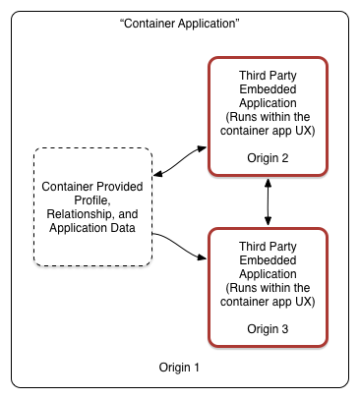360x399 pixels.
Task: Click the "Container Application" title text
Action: [x=180, y=24]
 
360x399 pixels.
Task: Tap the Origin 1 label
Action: [x=179, y=368]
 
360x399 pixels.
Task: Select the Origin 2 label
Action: [x=268, y=158]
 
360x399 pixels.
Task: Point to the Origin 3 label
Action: [x=268, y=329]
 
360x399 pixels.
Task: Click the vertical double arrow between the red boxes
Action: [x=268, y=201]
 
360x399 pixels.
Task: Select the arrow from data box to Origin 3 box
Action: [x=179, y=247]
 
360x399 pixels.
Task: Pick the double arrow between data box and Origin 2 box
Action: [x=180, y=161]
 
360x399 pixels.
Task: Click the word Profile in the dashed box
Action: [x=92, y=200]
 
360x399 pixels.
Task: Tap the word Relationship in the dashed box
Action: [x=80, y=214]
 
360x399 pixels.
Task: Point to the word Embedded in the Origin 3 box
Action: [x=268, y=260]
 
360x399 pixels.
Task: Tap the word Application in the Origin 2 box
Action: [x=268, y=103]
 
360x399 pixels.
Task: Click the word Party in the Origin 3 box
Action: [x=282, y=247]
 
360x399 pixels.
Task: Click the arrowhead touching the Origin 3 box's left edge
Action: [x=202, y=257]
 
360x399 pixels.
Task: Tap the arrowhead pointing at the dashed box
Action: [x=158, y=174]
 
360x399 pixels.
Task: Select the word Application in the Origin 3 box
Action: [x=268, y=274]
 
